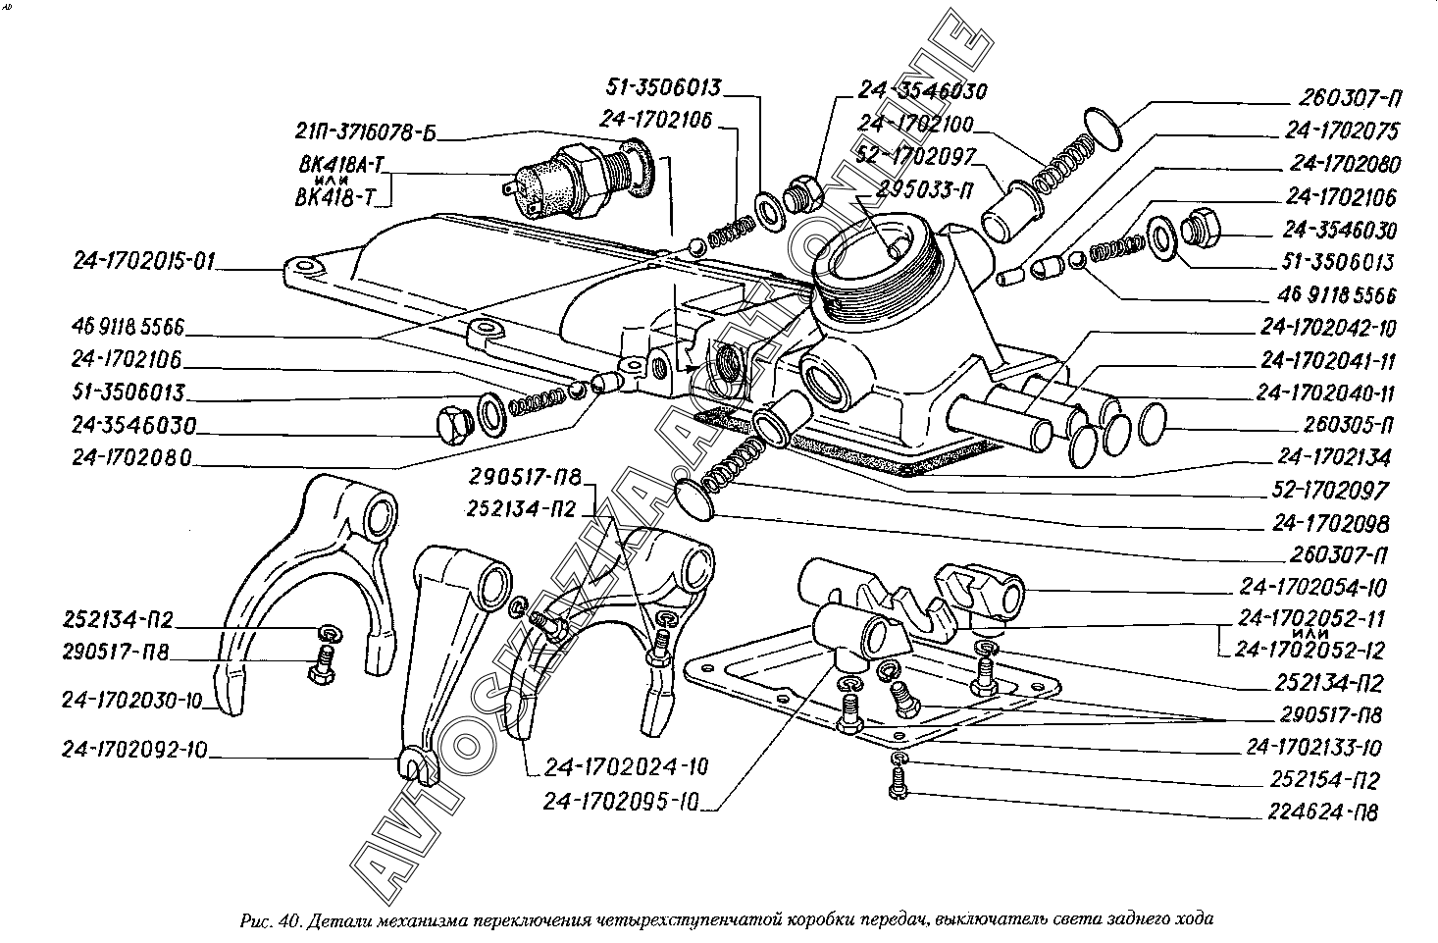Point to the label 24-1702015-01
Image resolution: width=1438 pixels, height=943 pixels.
point(144,262)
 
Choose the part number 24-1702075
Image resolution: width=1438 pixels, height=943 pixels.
point(1344,131)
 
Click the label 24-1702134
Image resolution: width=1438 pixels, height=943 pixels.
point(1333,458)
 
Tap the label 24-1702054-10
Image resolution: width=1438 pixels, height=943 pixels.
point(1312,589)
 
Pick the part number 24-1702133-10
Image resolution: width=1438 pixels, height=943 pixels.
point(1313,748)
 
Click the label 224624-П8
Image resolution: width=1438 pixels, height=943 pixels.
point(1321,812)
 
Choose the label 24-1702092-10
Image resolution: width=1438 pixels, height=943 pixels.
point(134,752)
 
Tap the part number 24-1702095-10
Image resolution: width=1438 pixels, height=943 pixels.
point(620,802)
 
